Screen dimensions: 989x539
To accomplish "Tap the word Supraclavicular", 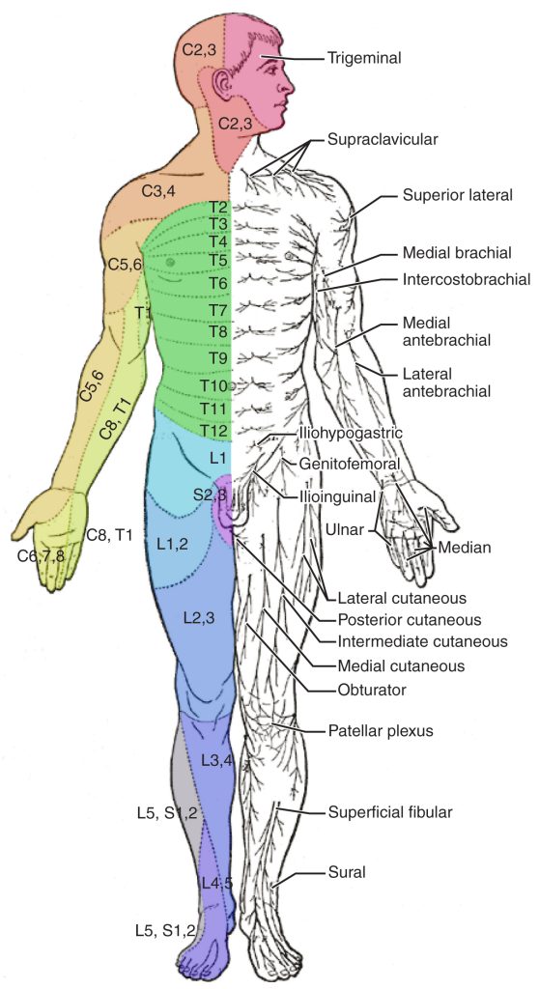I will pyautogui.click(x=383, y=139).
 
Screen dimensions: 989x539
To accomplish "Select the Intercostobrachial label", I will pyautogui.click(x=467, y=280).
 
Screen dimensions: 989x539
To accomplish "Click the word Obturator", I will pyautogui.click(x=372, y=690).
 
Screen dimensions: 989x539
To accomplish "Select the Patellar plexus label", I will pyautogui.click(x=380, y=731).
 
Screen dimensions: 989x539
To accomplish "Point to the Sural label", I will pyautogui.click(x=346, y=873).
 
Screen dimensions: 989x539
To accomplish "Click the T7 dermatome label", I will pyautogui.click(x=217, y=310).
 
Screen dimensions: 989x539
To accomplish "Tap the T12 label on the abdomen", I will pyautogui.click(x=213, y=430).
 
